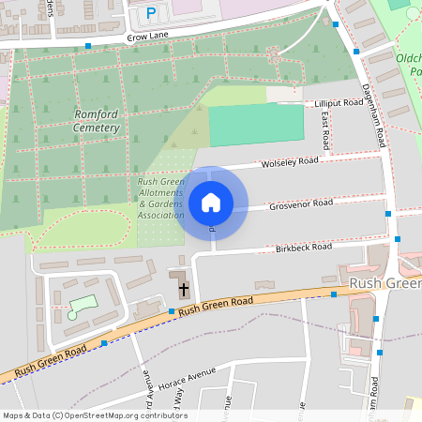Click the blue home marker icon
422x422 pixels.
[211, 202]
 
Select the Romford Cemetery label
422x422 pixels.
[97, 120]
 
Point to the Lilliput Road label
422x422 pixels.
[339, 102]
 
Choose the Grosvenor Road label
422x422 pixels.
[301, 203]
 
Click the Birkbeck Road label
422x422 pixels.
[304, 248]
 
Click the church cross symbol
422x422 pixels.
[183, 287]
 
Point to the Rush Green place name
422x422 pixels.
[384, 282]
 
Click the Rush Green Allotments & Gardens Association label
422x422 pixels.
[161, 199]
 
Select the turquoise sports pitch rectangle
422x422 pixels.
[256, 126]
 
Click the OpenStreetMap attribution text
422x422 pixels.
[94, 415]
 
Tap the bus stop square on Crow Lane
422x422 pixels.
[88, 45]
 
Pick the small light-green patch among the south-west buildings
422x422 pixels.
[83, 305]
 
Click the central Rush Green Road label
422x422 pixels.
[217, 305]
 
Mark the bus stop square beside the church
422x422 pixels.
[172, 310]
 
